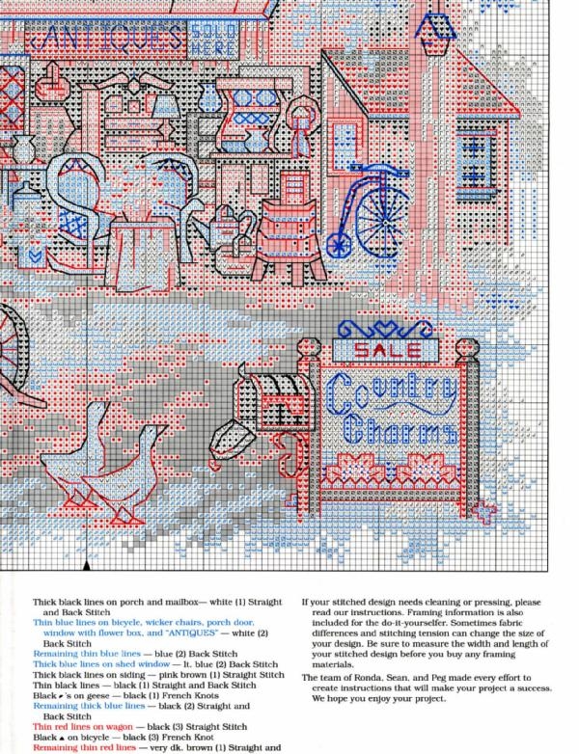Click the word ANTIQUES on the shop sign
106,39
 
